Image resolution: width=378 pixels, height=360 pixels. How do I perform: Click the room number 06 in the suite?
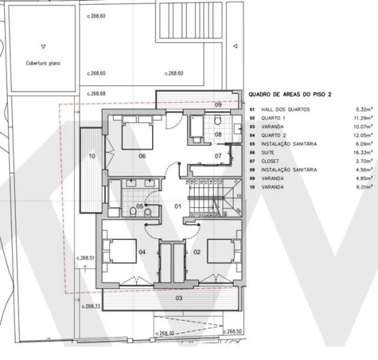[142, 156]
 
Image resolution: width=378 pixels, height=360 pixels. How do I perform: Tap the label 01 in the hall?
[178, 206]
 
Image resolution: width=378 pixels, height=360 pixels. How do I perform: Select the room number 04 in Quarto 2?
[142, 252]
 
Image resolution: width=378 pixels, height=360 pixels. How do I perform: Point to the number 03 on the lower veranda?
[178, 298]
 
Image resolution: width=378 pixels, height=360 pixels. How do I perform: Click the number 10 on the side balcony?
[92, 156]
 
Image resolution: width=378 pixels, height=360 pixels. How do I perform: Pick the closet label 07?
[218, 156]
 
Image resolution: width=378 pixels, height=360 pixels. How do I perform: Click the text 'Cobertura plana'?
[43, 63]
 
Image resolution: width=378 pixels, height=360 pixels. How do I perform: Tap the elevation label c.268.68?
[96, 93]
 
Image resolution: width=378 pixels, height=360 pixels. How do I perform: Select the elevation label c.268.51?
[85, 258]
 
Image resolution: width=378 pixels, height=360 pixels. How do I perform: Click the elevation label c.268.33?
[91, 306]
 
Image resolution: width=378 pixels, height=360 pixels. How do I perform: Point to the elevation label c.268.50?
[232, 332]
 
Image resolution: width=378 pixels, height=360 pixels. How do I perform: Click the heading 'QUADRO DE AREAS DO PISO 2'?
[290, 95]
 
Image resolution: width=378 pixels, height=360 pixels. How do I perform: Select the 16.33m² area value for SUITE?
[363, 152]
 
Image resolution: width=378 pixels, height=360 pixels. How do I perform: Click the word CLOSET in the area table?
[270, 161]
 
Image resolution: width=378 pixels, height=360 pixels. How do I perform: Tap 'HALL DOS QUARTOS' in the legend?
[286, 110]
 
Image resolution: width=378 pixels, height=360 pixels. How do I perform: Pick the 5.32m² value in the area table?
[364, 110]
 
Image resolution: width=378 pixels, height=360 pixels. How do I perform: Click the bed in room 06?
[137, 135]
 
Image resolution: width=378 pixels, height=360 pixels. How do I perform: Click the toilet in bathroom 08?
[217, 120]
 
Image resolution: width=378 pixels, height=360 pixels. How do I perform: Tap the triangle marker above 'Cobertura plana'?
[43, 46]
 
